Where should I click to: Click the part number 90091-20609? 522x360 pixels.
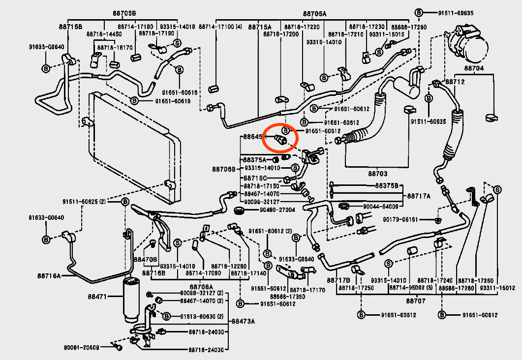click(x=81, y=347)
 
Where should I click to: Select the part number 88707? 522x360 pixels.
click(x=415, y=300)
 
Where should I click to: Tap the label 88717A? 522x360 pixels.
click(x=419, y=196)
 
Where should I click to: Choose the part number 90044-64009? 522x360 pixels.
click(x=380, y=207)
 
